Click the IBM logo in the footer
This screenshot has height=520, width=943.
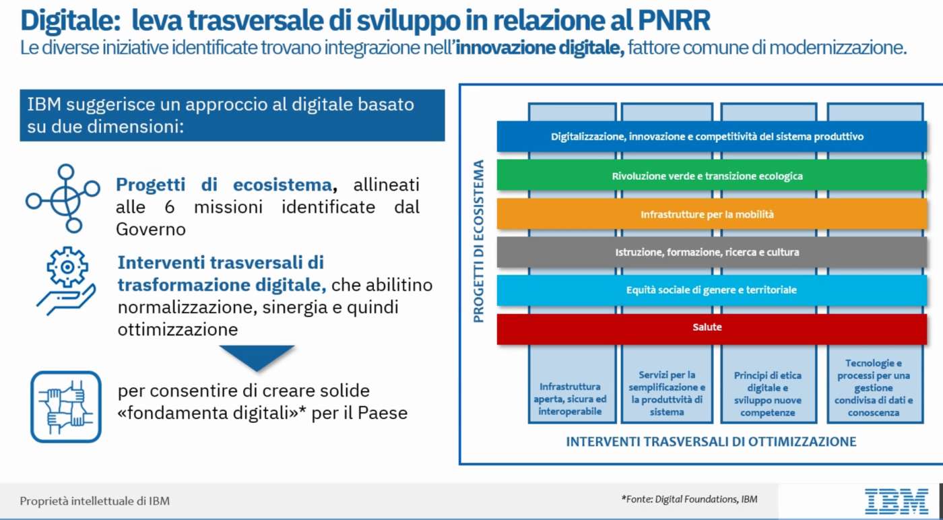pyautogui.click(x=897, y=501)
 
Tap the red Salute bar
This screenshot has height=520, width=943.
pyautogui.click(x=712, y=329)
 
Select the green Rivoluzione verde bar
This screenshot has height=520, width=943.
pyautogui.click(x=712, y=175)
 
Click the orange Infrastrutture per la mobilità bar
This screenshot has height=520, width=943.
pyautogui.click(x=712, y=214)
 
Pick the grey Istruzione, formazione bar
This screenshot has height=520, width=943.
pyautogui.click(x=712, y=252)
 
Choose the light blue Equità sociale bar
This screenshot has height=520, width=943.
pyautogui.click(x=712, y=290)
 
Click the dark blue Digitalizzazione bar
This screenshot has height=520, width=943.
pyautogui.click(x=712, y=137)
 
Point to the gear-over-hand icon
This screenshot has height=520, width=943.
pyautogui.click(x=66, y=281)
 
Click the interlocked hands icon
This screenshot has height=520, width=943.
pyautogui.click(x=66, y=407)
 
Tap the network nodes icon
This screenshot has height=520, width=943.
pyautogui.click(x=63, y=198)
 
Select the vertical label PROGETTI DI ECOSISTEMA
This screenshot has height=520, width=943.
pyautogui.click(x=478, y=241)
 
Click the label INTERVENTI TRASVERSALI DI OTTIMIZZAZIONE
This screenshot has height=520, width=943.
pyautogui.click(x=711, y=442)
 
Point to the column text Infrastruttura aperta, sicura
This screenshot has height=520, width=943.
pyautogui.click(x=570, y=399)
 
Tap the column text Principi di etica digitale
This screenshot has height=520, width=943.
pyautogui.click(x=767, y=393)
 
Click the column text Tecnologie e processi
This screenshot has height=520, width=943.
pyautogui.click(x=874, y=388)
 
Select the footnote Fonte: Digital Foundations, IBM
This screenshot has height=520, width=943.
pyautogui.click(x=690, y=499)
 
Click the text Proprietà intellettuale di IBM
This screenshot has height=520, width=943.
pyautogui.click(x=95, y=501)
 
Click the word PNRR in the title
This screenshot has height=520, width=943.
pyautogui.click(x=674, y=20)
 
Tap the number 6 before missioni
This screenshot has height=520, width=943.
pyautogui.click(x=169, y=207)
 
